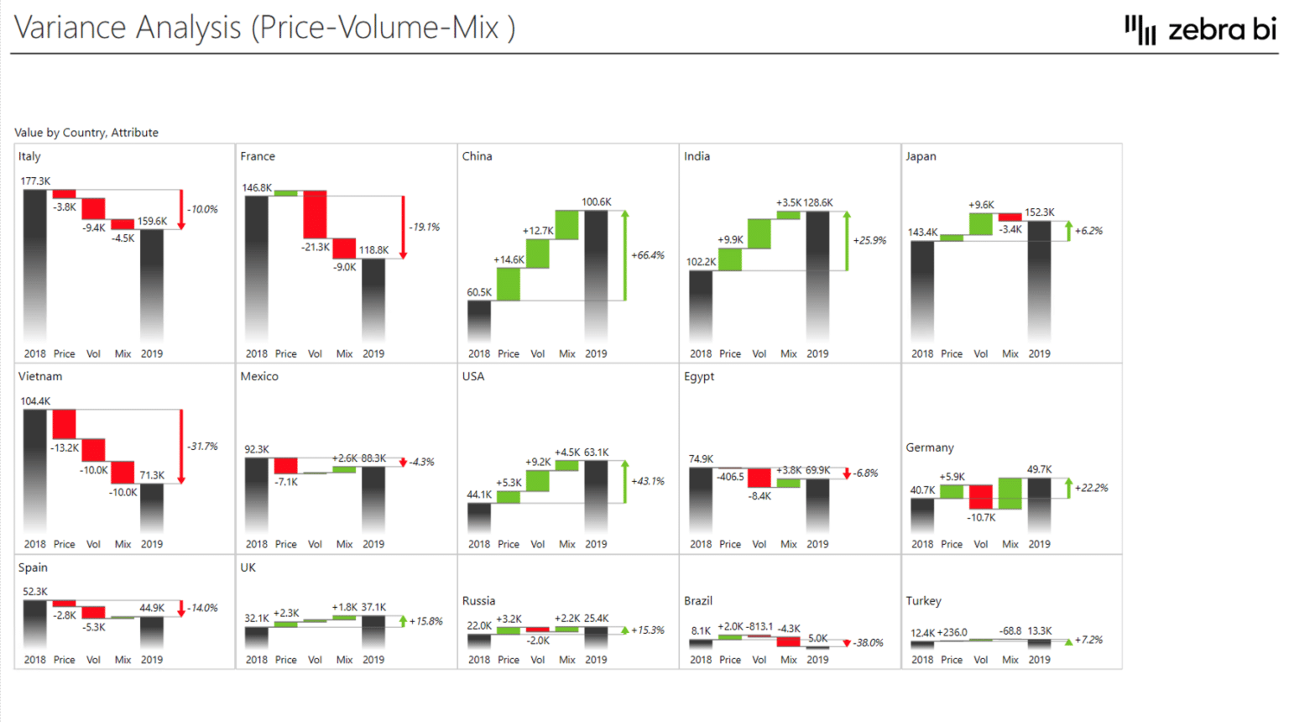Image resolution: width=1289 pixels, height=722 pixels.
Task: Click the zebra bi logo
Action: pyautogui.click(x=1200, y=29)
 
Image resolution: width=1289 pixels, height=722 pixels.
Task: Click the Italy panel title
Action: pyautogui.click(x=29, y=156)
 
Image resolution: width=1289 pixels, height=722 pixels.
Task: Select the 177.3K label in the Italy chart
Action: pyautogui.click(x=35, y=180)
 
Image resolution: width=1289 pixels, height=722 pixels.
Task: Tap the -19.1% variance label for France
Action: pyautogui.click(x=424, y=227)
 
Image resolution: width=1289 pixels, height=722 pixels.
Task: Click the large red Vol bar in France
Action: pyautogui.click(x=315, y=215)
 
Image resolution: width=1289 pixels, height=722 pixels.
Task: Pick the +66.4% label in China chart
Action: pyautogui.click(x=647, y=255)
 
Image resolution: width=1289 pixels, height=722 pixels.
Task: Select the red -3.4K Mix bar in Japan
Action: pyautogui.click(x=1010, y=217)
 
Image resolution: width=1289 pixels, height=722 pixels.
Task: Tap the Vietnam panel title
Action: pyautogui.click(x=40, y=376)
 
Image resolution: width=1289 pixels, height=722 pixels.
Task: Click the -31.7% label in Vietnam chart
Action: pyautogui.click(x=202, y=447)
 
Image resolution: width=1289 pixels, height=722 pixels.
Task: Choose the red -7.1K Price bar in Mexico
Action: pyautogui.click(x=285, y=466)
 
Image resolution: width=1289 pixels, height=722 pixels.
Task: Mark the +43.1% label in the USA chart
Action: pyautogui.click(x=647, y=481)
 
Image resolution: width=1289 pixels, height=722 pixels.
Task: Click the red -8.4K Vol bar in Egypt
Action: pyautogui.click(x=759, y=478)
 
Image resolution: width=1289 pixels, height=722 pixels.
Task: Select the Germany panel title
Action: pyautogui.click(x=929, y=447)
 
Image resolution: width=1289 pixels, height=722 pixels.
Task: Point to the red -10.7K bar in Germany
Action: pyautogui.click(x=980, y=497)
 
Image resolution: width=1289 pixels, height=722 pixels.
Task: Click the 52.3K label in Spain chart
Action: pyautogui.click(x=35, y=591)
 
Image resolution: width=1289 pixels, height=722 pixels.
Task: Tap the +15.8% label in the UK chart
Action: pyautogui.click(x=425, y=621)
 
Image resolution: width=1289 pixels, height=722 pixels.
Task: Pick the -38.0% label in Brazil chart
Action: pyautogui.click(x=868, y=643)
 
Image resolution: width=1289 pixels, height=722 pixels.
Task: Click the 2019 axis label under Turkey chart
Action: pyautogui.click(x=1039, y=660)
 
